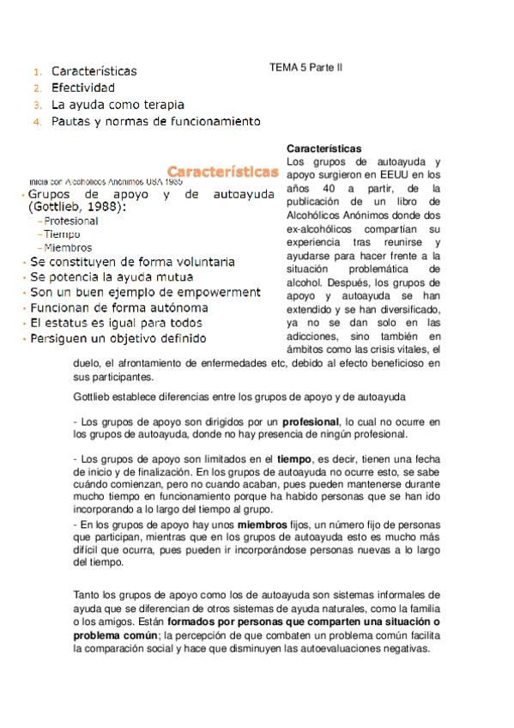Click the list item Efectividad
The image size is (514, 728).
point(82,88)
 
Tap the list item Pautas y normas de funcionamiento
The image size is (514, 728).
point(155,122)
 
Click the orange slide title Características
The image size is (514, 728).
point(222,172)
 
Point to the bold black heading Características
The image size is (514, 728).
point(324,149)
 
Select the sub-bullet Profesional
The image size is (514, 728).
point(70,221)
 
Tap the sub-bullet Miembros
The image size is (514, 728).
point(68,247)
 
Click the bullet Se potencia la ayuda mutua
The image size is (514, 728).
point(112,276)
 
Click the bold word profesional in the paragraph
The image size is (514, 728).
point(311,422)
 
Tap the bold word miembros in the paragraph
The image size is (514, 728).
point(262,523)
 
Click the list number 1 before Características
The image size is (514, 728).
point(37,71)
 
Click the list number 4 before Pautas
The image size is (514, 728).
point(37,123)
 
